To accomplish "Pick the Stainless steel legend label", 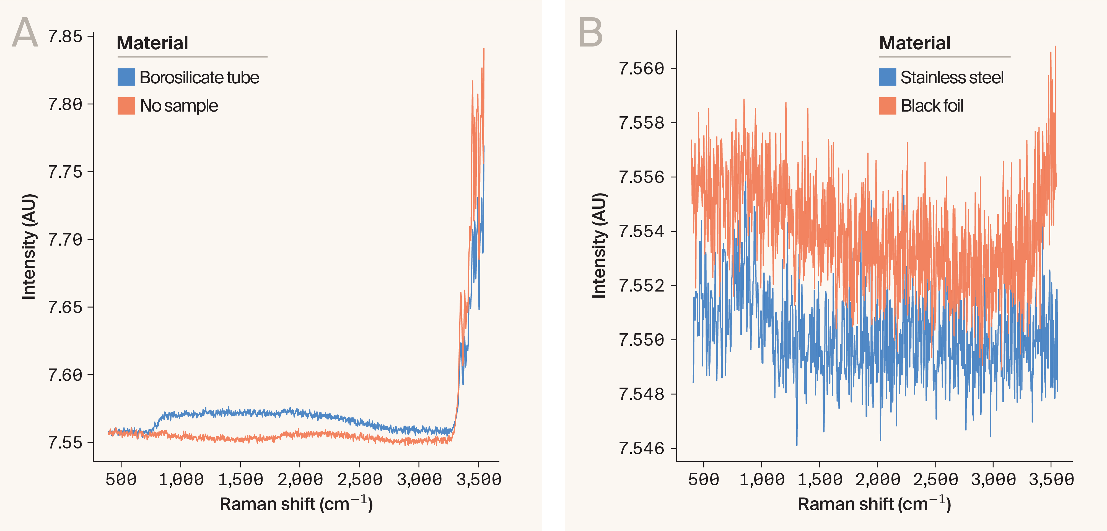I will pyautogui.click(x=952, y=78).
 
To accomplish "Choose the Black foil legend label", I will pyautogui.click(x=932, y=106).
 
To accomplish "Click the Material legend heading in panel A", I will pyautogui.click(x=152, y=43).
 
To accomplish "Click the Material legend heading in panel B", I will pyautogui.click(x=914, y=43).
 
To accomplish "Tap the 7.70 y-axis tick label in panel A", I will pyautogui.click(x=65, y=239).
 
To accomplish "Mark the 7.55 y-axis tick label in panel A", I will pyautogui.click(x=65, y=442).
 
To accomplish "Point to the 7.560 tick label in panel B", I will pyautogui.click(x=641, y=68).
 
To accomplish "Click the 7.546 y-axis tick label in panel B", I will pyautogui.click(x=641, y=448).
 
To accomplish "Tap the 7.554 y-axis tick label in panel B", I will pyautogui.click(x=641, y=231).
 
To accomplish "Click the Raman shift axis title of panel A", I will pyautogui.click(x=296, y=504).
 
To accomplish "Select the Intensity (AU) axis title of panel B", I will pyautogui.click(x=599, y=245).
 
